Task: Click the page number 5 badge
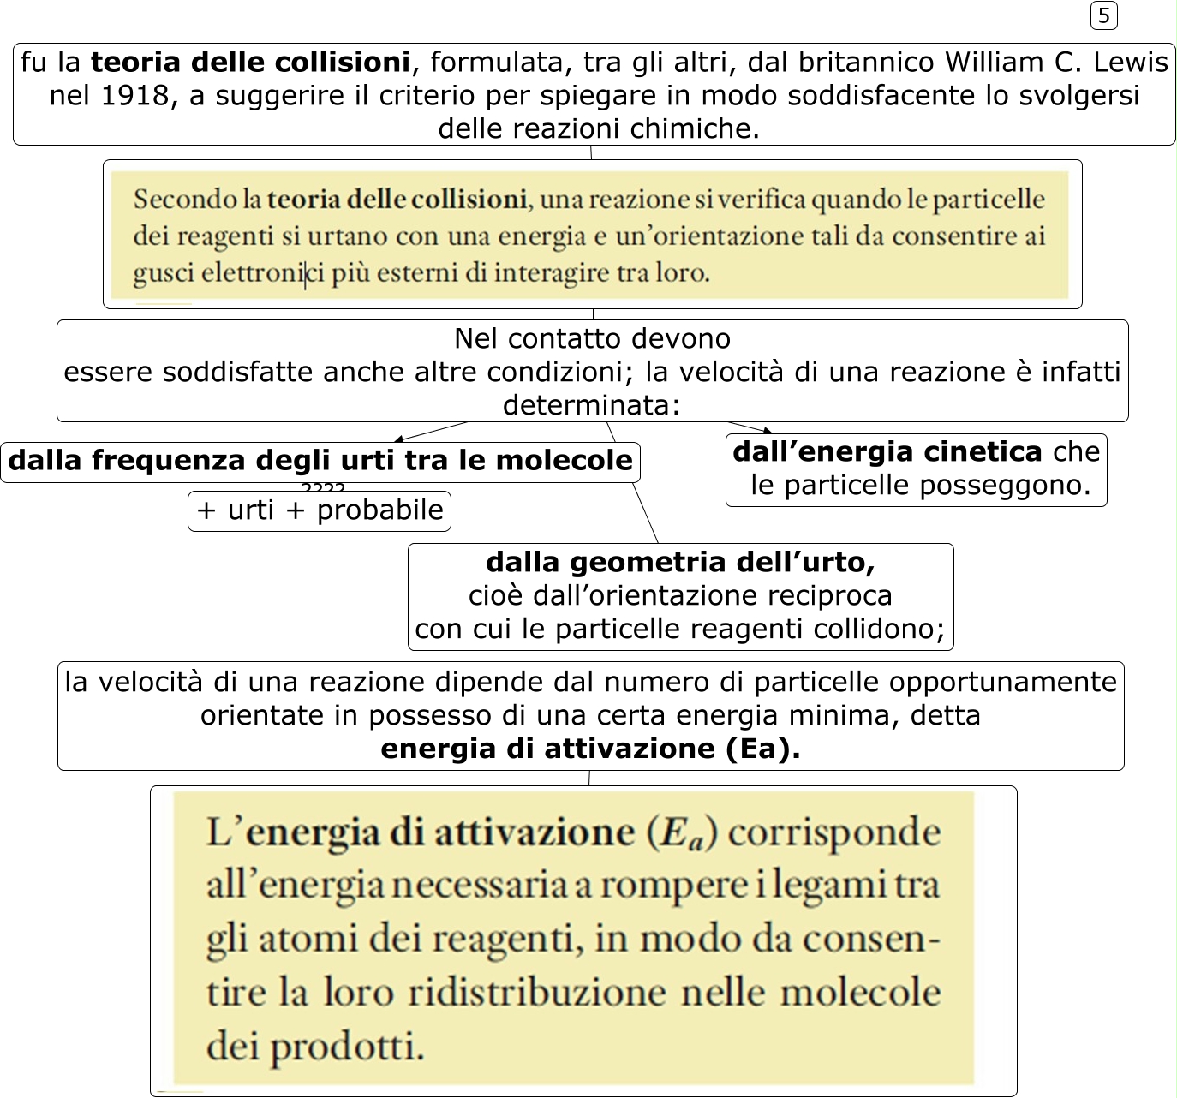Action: click(1103, 15)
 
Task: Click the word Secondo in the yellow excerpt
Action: click(185, 200)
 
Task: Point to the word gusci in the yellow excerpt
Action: click(164, 273)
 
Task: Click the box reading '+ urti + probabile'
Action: click(320, 510)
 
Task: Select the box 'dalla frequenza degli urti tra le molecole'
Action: click(320, 461)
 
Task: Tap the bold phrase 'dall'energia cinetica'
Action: click(887, 451)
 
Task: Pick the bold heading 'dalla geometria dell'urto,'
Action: click(680, 562)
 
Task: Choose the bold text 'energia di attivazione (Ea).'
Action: click(590, 749)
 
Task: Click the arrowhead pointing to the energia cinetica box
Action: click(767, 431)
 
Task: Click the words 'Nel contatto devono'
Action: click(592, 338)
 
